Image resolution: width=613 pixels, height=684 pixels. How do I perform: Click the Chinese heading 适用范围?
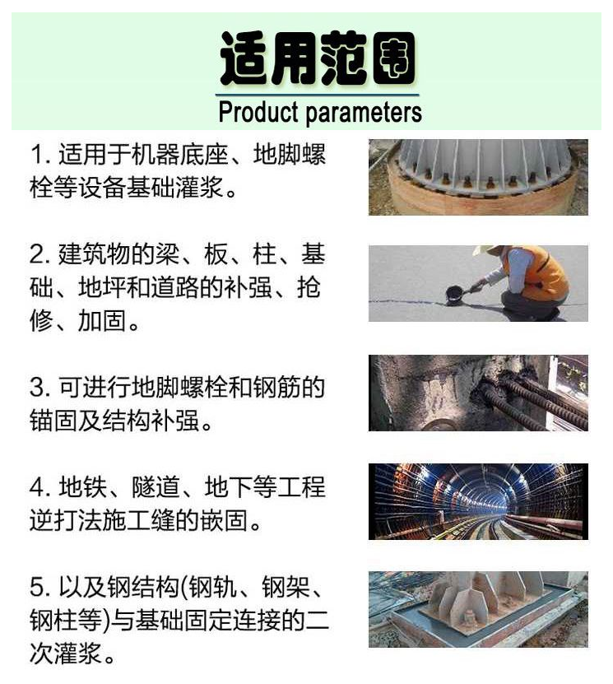(318, 58)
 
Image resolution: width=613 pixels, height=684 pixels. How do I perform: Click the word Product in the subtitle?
(258, 112)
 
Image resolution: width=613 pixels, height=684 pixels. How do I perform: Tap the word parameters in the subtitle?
(364, 114)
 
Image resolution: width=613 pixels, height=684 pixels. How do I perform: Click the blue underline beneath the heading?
(317, 95)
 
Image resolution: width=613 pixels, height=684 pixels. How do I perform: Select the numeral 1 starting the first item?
(37, 155)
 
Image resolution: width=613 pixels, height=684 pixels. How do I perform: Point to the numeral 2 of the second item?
(37, 254)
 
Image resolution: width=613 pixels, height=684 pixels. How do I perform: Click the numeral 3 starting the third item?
(38, 387)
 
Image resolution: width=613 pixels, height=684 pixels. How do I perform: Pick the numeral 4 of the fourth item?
(38, 486)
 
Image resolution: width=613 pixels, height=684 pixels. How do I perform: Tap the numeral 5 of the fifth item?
(38, 587)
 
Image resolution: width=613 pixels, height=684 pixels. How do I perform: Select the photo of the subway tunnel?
(478, 501)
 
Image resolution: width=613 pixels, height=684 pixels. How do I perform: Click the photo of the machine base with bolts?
(478, 177)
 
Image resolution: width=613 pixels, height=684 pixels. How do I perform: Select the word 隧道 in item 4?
(156, 486)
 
